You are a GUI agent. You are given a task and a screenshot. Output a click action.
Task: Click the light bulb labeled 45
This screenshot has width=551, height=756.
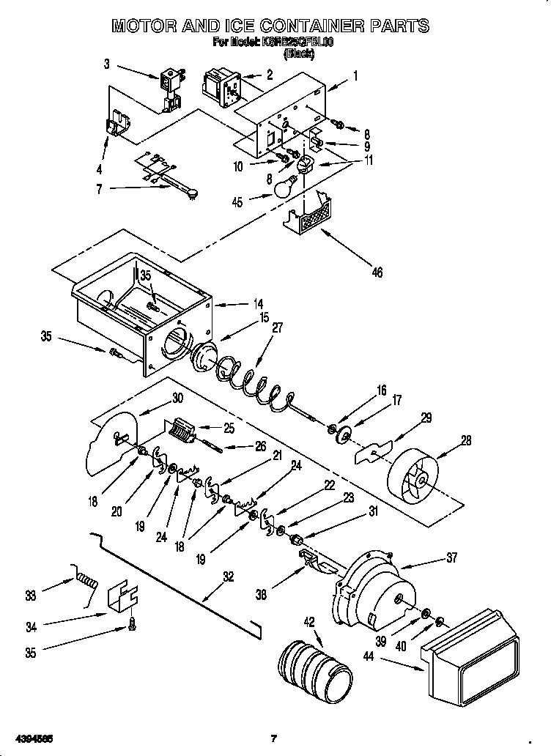coord(284,188)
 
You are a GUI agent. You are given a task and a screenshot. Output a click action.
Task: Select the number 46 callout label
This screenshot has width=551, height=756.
coord(377,273)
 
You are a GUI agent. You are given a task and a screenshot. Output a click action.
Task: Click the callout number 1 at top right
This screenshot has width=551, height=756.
coord(355,75)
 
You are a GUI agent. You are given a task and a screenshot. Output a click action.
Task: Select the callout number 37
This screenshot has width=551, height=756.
coord(451,558)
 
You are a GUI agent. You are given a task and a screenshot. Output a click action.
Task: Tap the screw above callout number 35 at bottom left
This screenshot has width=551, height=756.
coord(132,624)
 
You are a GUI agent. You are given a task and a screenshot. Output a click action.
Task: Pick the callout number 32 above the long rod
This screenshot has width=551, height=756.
coord(228,577)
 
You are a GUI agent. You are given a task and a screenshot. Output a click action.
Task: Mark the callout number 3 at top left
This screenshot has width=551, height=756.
coord(106,64)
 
